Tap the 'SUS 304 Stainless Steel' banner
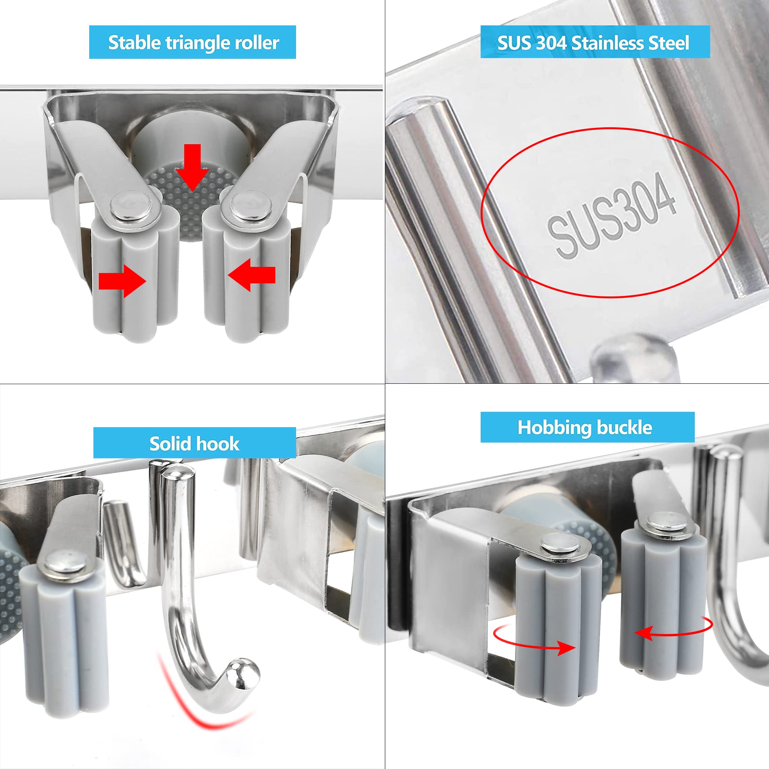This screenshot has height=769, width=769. pyautogui.click(x=595, y=42)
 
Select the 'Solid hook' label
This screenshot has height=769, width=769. pyautogui.click(x=195, y=443)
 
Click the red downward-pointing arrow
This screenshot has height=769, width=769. pyautogui.click(x=193, y=168)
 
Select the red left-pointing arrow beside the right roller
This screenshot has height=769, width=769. pyautogui.click(x=251, y=275)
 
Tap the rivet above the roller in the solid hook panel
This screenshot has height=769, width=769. pyautogui.click(x=65, y=564)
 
